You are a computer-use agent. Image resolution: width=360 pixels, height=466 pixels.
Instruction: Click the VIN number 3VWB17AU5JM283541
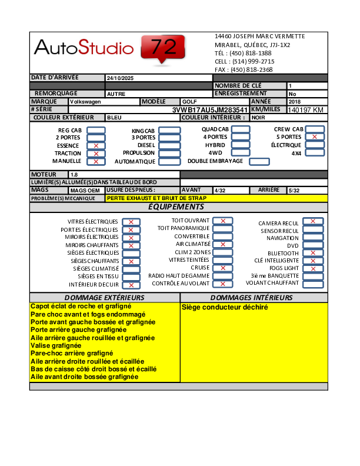pos(209,110)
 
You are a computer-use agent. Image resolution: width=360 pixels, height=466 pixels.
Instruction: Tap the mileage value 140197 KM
pos(306,110)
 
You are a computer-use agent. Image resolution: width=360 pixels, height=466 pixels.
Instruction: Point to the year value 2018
pos(294,102)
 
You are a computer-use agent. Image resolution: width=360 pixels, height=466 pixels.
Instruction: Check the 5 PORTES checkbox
pos(315,137)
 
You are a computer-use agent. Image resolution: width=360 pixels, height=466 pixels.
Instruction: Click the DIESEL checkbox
pos(169,145)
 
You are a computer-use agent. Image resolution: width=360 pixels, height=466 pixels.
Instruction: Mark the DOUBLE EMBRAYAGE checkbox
pos(259,162)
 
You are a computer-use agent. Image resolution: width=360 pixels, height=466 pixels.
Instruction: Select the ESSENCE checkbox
pos(96,145)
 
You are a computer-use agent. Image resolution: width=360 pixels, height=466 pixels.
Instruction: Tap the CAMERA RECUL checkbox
pos(312,222)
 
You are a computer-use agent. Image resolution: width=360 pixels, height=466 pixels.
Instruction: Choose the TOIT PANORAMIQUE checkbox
pos(222,228)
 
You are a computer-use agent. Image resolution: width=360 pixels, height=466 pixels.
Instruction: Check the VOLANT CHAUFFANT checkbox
pos(312,283)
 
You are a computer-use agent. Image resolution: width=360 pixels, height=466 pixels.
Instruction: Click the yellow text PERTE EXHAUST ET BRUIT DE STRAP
pos(156,198)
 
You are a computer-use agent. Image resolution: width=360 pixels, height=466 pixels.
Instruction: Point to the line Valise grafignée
pos(56,346)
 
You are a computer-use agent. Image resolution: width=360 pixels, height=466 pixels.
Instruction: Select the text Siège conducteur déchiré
pos(225,307)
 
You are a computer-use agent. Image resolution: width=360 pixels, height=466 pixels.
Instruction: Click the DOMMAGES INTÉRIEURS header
pos(251,298)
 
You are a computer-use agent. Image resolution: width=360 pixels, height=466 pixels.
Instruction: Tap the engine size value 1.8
pos(74,175)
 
